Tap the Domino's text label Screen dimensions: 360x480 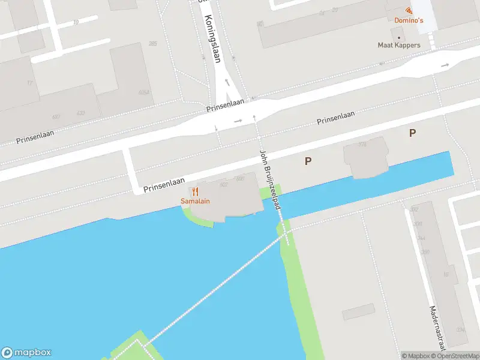(x=409, y=20)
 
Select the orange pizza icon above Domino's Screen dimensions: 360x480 (x=409, y=10)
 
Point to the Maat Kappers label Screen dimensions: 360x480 (x=398, y=45)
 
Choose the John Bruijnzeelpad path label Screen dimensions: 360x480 (x=270, y=179)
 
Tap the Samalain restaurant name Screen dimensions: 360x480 (x=196, y=201)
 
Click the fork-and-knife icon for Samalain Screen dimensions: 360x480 (x=196, y=191)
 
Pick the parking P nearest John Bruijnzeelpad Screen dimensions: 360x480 (x=308, y=161)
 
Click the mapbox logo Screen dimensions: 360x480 (x=26, y=353)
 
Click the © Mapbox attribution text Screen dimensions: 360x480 (x=415, y=356)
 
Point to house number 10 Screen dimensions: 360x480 (x=76, y=22)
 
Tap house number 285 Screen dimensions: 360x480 (x=152, y=43)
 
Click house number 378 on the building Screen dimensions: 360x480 (x=362, y=145)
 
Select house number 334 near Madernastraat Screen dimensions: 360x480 (x=460, y=329)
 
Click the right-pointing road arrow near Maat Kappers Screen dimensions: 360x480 (x=445, y=65)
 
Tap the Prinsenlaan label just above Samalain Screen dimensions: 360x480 (x=164, y=184)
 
